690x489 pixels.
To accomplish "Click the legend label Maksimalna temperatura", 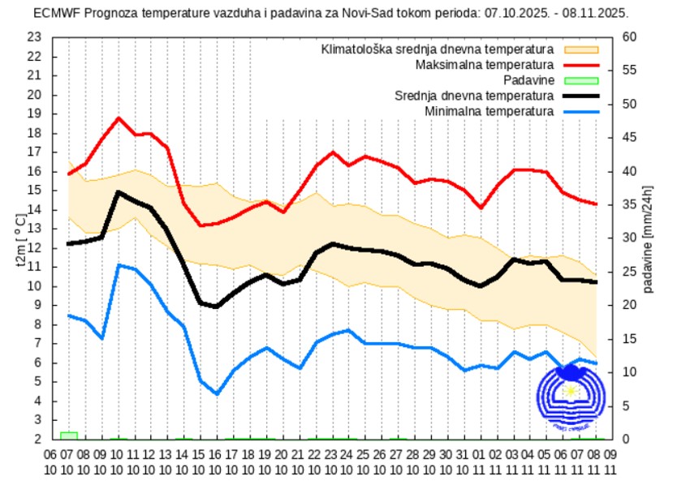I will point(484,64).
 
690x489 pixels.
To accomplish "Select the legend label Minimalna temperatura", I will point(489,110).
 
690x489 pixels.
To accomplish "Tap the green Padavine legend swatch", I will point(580,79).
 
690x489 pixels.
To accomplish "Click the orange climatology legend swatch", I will point(580,49).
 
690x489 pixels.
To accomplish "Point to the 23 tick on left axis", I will point(33,37).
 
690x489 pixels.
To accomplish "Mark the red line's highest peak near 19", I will point(119,118).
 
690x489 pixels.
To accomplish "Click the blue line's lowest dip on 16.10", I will point(217,393).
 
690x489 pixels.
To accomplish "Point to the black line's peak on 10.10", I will point(119,192).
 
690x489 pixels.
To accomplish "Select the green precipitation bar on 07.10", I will point(69,435).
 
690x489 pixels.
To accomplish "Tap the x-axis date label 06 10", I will point(50,461).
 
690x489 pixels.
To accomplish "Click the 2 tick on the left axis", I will point(37,440).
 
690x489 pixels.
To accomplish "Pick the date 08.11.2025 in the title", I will point(598,13).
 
